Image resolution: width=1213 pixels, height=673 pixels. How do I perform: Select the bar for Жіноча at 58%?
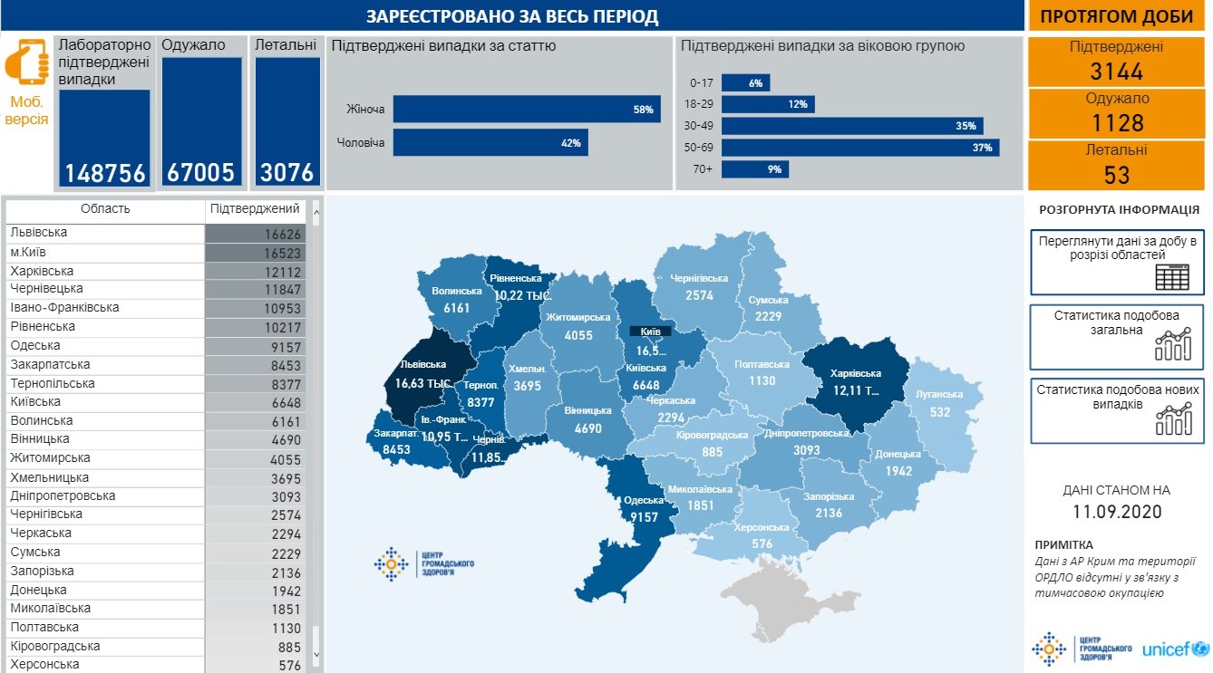click(x=526, y=110)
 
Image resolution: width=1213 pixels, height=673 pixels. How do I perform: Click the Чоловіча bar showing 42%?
click(x=490, y=142)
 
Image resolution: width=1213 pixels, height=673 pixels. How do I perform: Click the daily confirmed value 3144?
click(x=1117, y=72)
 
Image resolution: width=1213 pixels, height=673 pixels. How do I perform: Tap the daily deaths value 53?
click(x=1117, y=175)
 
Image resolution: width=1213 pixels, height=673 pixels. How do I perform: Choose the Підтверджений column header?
click(x=255, y=209)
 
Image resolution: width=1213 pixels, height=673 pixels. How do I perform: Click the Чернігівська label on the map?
click(x=700, y=278)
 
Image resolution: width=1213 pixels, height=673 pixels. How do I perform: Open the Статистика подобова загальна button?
click(x=1117, y=336)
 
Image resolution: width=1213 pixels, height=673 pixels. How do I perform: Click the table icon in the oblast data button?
click(x=1171, y=275)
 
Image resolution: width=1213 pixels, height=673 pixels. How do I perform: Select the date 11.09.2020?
click(x=1117, y=512)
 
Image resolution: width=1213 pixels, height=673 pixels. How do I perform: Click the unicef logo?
click(x=1175, y=649)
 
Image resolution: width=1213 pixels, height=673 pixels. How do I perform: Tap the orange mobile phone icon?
click(x=27, y=62)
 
